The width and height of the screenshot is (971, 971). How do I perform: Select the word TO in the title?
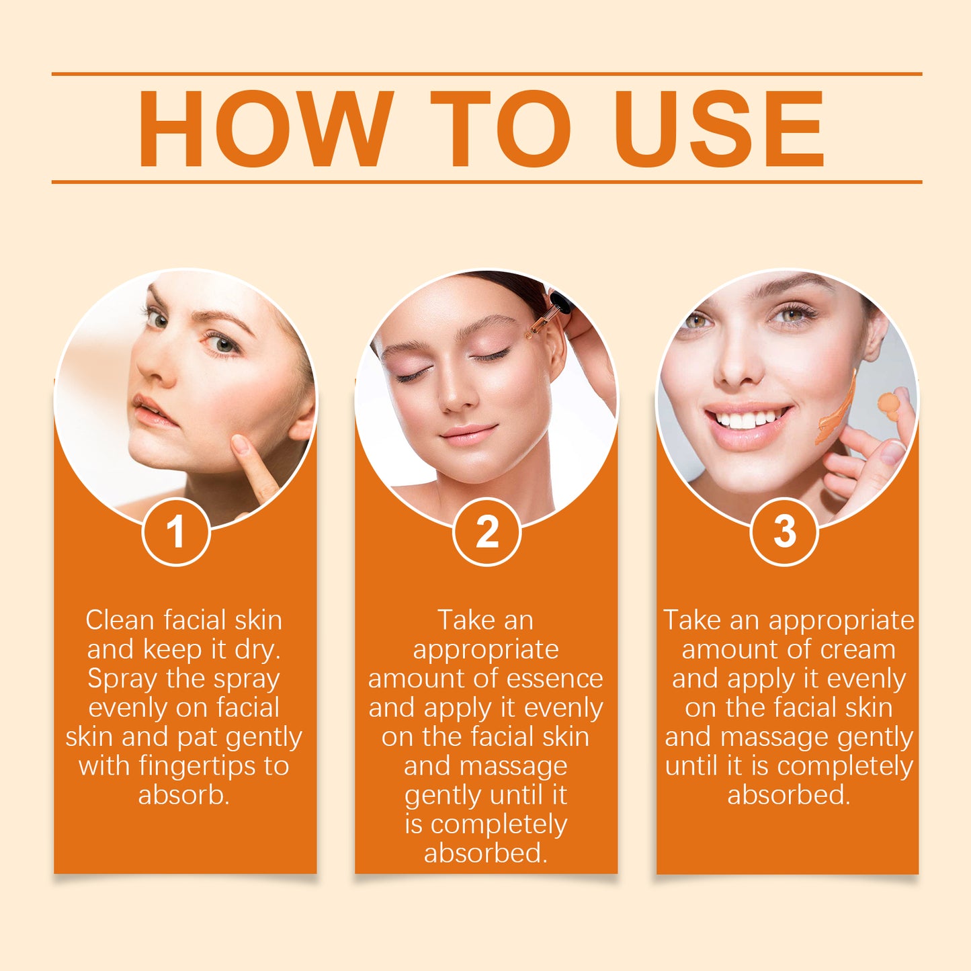501,128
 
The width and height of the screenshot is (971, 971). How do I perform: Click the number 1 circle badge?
176,532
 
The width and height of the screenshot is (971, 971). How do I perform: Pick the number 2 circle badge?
487,532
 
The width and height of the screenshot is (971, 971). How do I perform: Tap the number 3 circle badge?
784,532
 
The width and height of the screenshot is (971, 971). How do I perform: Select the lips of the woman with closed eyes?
468,433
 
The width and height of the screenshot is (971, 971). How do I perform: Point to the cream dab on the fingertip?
888,403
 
